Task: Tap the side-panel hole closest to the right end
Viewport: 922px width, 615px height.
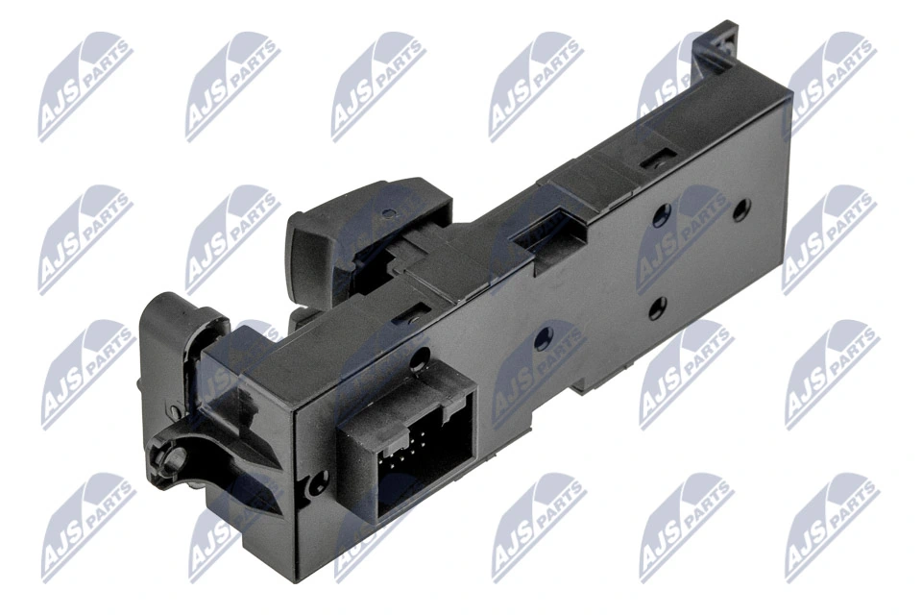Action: pyautogui.click(x=740, y=209)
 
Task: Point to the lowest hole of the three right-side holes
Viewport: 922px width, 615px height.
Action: pyautogui.click(x=657, y=309)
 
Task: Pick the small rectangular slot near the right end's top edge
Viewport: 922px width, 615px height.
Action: pyautogui.click(x=661, y=154)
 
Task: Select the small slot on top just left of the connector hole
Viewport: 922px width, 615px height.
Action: pyautogui.click(x=420, y=309)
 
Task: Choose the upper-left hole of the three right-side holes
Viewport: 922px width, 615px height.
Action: pyautogui.click(x=660, y=215)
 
